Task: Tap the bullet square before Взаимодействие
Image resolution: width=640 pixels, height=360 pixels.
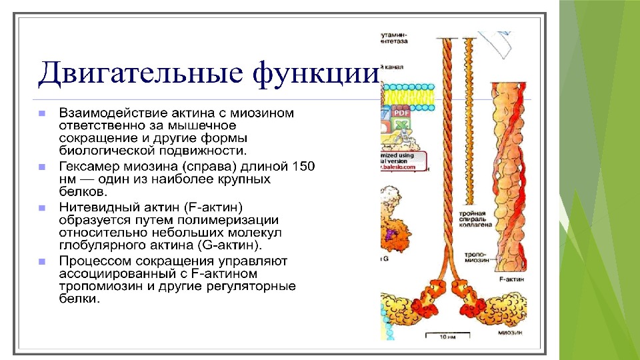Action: [41, 113]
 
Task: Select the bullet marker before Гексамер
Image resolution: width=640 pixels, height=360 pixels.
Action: [41, 166]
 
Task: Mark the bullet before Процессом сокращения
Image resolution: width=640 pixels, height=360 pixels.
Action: [41, 261]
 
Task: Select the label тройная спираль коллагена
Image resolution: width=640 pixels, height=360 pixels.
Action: [478, 219]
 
